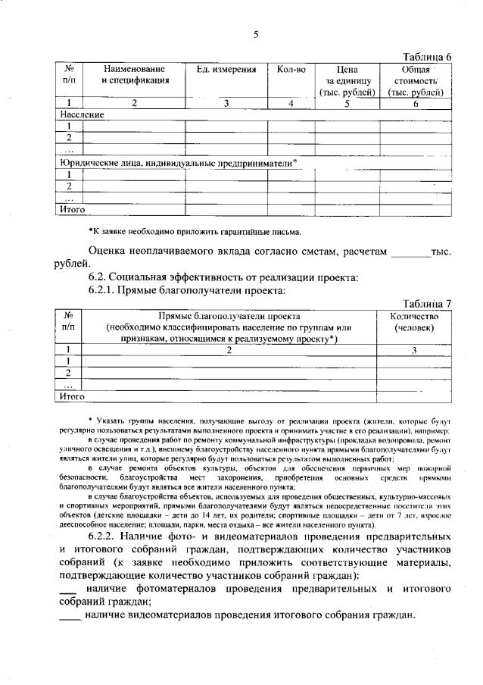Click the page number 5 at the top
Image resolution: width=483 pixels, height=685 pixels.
256,33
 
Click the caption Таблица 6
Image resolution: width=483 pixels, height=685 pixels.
427,58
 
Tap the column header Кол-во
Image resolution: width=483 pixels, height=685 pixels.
291,70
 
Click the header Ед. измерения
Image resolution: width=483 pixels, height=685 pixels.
221,70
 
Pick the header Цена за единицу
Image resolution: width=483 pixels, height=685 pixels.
346,80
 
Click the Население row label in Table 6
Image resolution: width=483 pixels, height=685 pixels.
81,114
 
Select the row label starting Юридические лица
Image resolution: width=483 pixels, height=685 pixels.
177,162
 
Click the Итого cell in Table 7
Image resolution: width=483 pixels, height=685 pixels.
72,396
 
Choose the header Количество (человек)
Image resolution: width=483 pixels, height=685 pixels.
414,321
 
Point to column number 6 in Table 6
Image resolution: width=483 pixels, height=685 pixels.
415,103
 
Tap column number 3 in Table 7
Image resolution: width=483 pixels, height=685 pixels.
414,349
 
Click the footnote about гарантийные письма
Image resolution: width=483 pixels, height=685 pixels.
195,231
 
